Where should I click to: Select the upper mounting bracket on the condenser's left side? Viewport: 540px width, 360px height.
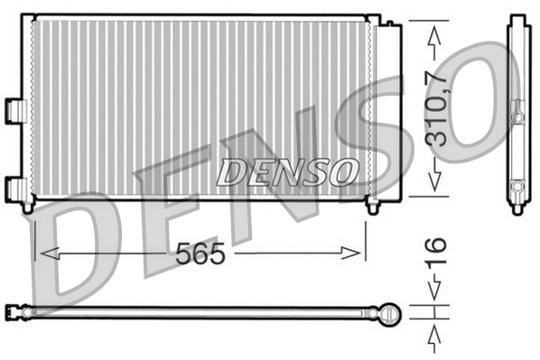[x=14, y=107]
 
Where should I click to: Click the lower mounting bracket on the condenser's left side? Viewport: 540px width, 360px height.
[x=15, y=188]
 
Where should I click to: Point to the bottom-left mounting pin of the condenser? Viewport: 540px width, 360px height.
[x=28, y=207]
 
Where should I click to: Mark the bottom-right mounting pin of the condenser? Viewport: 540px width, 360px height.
[x=372, y=207]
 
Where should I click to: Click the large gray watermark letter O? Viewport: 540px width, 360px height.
[x=470, y=99]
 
